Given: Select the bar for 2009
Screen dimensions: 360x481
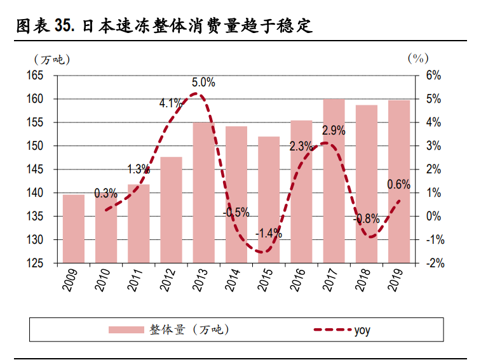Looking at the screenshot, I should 73,229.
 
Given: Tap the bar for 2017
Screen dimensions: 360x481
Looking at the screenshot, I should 334,181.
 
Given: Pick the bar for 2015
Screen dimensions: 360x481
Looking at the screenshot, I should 269,199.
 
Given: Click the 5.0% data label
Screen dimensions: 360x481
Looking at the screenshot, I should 203,83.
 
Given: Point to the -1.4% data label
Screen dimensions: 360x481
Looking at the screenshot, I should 268,233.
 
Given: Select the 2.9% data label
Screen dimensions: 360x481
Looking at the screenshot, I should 334,131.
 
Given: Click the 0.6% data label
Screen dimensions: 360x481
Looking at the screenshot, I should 398,185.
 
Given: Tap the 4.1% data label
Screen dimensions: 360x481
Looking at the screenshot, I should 170,103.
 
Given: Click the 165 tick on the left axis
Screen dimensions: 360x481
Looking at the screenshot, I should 43,76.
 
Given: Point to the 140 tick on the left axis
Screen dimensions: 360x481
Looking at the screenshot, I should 43,193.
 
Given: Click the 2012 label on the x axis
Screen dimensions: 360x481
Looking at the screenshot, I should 169,280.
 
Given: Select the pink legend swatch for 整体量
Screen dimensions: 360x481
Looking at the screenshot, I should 126,330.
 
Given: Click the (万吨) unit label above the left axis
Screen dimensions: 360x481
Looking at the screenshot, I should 52,59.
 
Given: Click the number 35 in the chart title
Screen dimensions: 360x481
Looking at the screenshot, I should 62,26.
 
